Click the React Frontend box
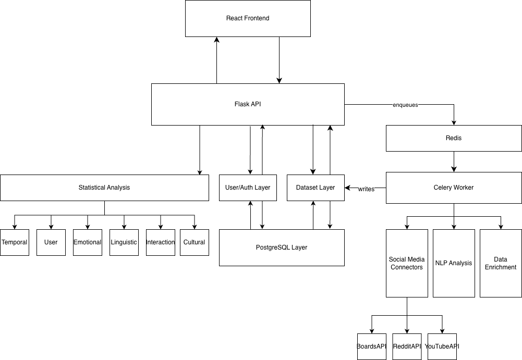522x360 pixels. point(248,18)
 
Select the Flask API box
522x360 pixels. point(248,104)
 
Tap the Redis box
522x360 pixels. point(454,138)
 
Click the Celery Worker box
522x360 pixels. point(454,188)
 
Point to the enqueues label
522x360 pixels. point(405,105)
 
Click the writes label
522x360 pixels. point(366,189)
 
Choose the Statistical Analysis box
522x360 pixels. point(104,188)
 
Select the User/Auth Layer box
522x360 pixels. point(248,188)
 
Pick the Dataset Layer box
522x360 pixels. point(315,188)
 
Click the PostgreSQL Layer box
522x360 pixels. point(282,247)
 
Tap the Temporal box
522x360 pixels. point(15,242)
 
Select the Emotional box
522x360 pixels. point(88,242)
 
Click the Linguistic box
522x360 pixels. point(124,242)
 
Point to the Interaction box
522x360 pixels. point(161,242)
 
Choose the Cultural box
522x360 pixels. point(195,242)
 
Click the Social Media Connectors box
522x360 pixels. point(407,263)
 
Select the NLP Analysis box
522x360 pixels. point(454,263)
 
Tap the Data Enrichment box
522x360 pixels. point(501,263)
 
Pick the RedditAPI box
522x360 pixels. point(407,346)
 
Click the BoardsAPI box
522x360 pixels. point(372,346)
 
